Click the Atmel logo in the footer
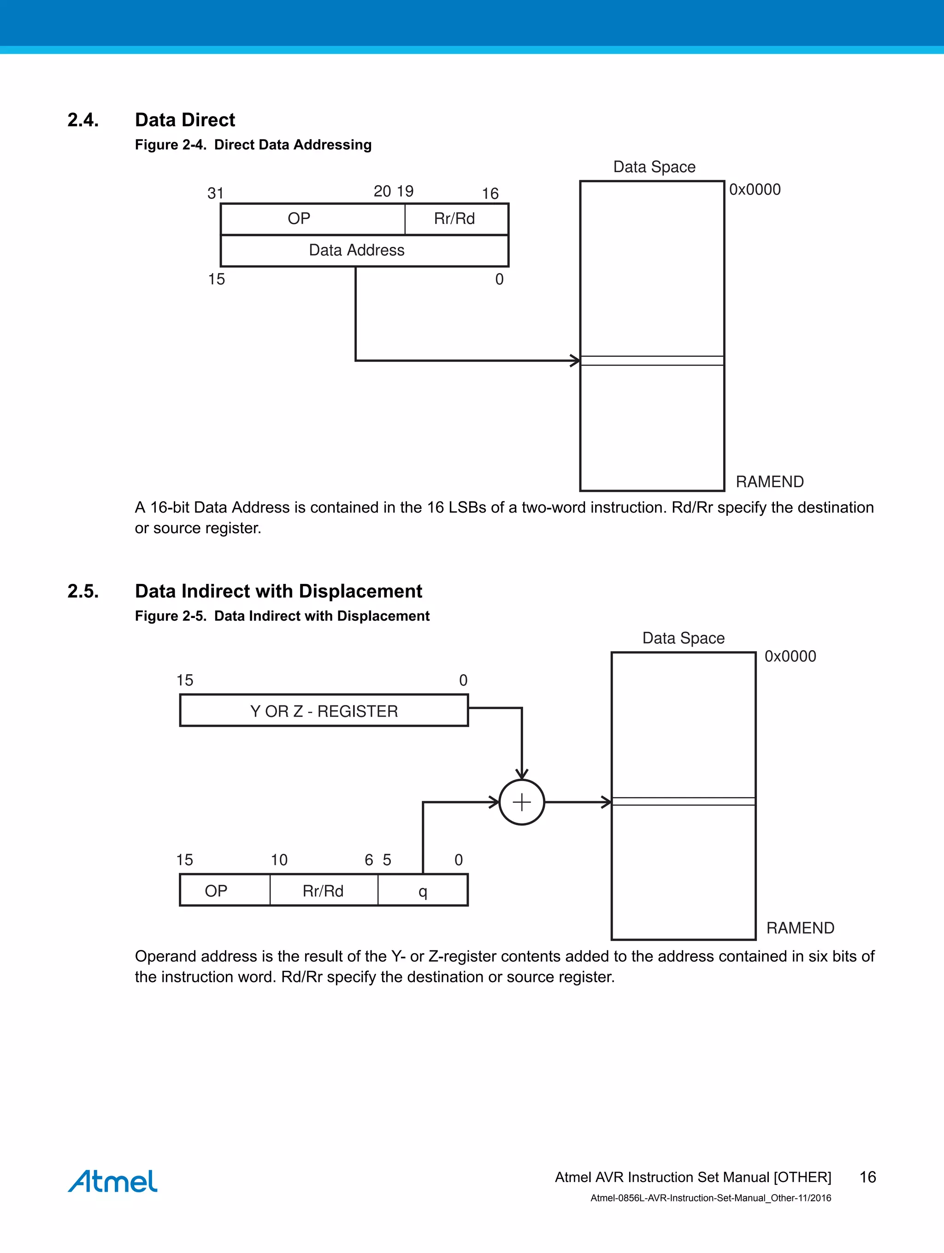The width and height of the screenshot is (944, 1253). (x=112, y=1181)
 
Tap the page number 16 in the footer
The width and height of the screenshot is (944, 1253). (x=867, y=1177)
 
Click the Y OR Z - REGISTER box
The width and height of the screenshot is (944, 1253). (x=324, y=711)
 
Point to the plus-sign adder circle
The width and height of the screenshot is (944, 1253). (x=522, y=802)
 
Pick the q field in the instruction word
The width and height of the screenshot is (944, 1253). (x=422, y=891)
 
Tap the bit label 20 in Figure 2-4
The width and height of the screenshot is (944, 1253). (x=382, y=192)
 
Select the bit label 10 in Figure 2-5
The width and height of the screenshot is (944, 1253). (x=279, y=860)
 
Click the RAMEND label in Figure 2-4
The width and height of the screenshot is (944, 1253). (x=769, y=482)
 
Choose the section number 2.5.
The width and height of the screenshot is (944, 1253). (x=83, y=591)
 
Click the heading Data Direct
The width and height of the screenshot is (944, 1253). (x=185, y=120)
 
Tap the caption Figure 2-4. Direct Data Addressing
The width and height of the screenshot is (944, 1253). (x=253, y=145)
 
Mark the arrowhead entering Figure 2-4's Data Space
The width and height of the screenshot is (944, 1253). (x=575, y=360)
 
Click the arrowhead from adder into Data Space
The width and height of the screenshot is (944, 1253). (x=607, y=802)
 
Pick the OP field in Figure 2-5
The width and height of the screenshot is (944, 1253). (x=216, y=891)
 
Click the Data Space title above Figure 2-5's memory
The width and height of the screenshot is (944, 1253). (x=683, y=638)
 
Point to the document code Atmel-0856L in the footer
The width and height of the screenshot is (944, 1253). (x=710, y=1198)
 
